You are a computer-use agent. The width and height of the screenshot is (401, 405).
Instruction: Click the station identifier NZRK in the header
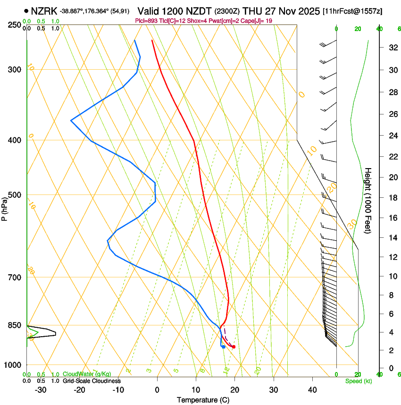pos(44,11)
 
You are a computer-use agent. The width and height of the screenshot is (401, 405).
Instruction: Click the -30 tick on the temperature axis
pos(41,390)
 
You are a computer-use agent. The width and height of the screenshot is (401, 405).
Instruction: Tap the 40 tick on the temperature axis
pos(312,390)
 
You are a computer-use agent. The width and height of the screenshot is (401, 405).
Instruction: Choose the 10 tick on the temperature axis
pos(196,390)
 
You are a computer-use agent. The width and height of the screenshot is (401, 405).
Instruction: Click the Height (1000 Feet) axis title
pos(368,201)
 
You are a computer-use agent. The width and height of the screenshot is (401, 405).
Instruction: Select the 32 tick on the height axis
pos(392,48)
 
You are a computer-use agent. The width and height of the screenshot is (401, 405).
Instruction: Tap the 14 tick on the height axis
pos(392,238)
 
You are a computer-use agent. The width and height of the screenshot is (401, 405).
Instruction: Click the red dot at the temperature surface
pos(234,347)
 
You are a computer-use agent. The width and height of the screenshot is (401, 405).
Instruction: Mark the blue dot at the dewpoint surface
pos(223,347)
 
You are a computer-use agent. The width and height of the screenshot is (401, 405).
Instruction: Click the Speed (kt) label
pos(358,381)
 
